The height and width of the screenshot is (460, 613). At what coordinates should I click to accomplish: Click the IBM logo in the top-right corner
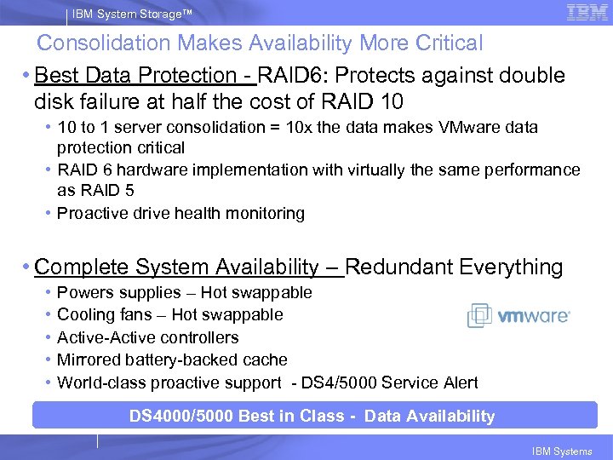[x=586, y=12]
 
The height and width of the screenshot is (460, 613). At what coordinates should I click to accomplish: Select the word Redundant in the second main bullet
[x=398, y=267]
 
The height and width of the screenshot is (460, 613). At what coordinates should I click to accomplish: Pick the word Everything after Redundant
[x=511, y=267]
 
